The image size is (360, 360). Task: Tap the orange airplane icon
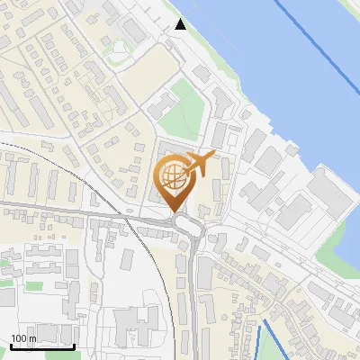tap(201, 164)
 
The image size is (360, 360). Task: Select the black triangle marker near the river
tap(181, 24)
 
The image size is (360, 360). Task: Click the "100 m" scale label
tap(23, 338)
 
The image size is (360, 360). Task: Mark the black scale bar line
tap(42, 346)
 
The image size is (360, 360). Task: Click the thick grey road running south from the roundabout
tap(194, 288)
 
